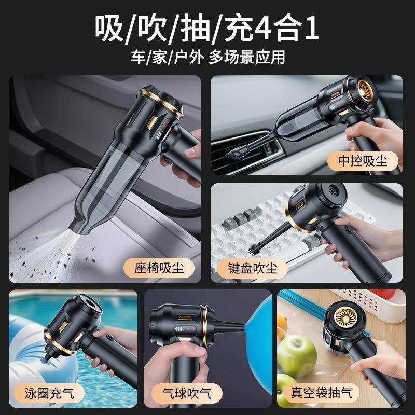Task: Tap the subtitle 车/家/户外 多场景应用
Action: [208, 57]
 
